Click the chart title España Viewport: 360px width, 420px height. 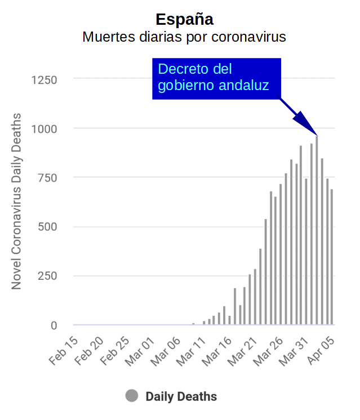(x=184, y=19)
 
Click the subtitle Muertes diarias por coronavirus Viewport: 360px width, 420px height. (x=184, y=37)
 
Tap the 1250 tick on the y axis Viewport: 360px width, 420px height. (x=44, y=79)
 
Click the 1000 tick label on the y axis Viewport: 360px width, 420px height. (x=44, y=129)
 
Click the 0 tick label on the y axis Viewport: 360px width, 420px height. (x=54, y=325)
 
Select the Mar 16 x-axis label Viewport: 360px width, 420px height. (x=218, y=351)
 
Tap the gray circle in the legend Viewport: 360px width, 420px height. (x=132, y=396)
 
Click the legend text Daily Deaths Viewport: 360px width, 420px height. (x=181, y=396)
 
